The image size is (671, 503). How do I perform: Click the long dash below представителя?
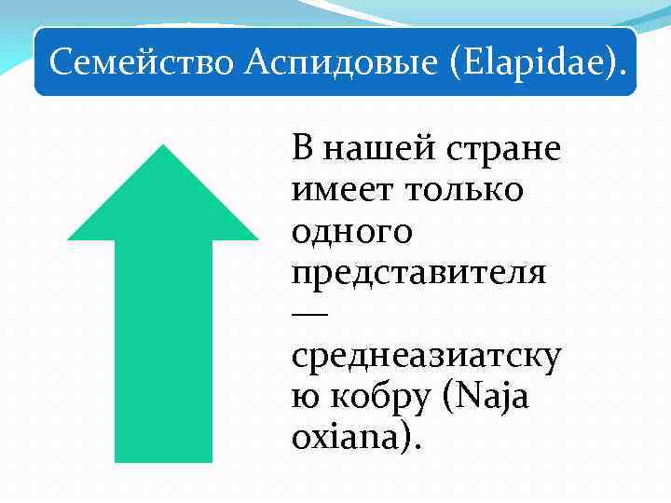(309, 316)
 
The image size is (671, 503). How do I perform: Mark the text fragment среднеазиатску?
(426, 358)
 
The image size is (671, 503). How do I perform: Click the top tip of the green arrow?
(163, 147)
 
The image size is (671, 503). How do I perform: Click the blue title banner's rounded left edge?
(39, 62)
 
